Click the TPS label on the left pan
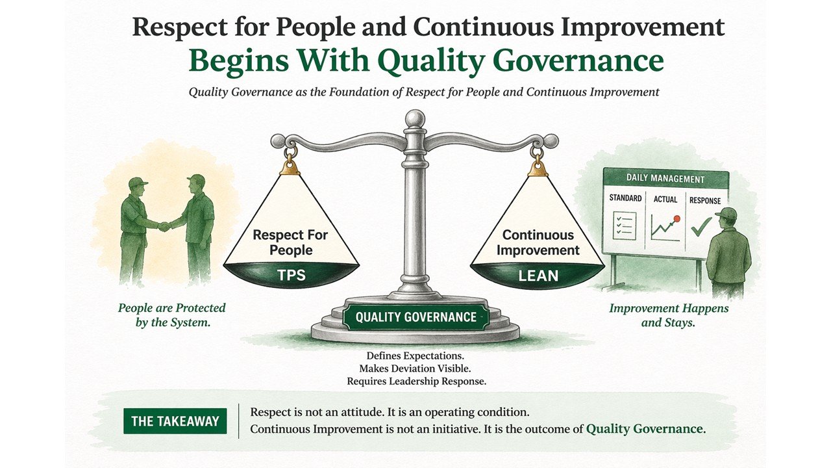pyautogui.click(x=291, y=275)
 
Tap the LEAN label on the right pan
pyautogui.click(x=538, y=275)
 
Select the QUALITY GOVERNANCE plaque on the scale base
pyautogui.click(x=415, y=317)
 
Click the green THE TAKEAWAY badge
pyautogui.click(x=175, y=421)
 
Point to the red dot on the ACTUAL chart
pyautogui.click(x=676, y=219)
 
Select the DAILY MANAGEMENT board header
pyautogui.click(x=665, y=178)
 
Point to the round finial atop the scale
pyautogui.click(x=415, y=119)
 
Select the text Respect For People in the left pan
pyautogui.click(x=291, y=242)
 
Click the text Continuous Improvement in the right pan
pyautogui.click(x=538, y=242)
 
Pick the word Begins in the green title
pyautogui.click(x=235, y=60)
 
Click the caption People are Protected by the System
pyautogui.click(x=172, y=315)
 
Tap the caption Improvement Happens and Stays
pyautogui.click(x=669, y=315)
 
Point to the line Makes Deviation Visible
pyautogui.click(x=415, y=369)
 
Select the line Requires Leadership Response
pyautogui.click(x=416, y=382)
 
